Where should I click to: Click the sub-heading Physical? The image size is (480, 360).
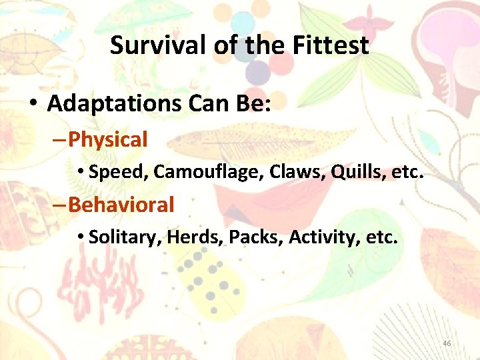point(107,140)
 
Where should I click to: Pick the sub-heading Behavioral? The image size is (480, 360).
point(121,205)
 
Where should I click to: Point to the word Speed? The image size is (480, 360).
point(117,172)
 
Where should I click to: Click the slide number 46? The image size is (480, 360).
point(447,343)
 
